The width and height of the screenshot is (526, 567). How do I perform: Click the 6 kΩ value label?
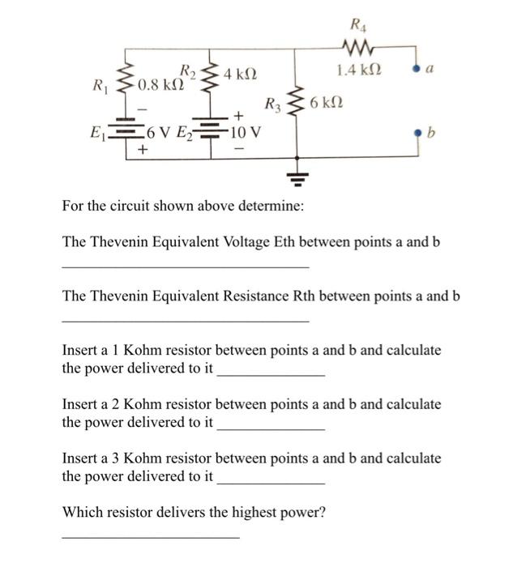pos(327,103)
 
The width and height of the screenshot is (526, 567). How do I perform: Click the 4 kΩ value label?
pos(241,75)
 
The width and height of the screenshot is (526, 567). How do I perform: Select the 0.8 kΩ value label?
pos(159,84)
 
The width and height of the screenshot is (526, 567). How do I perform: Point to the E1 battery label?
pos(100,131)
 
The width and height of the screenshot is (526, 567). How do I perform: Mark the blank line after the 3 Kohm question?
pos(272,484)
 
